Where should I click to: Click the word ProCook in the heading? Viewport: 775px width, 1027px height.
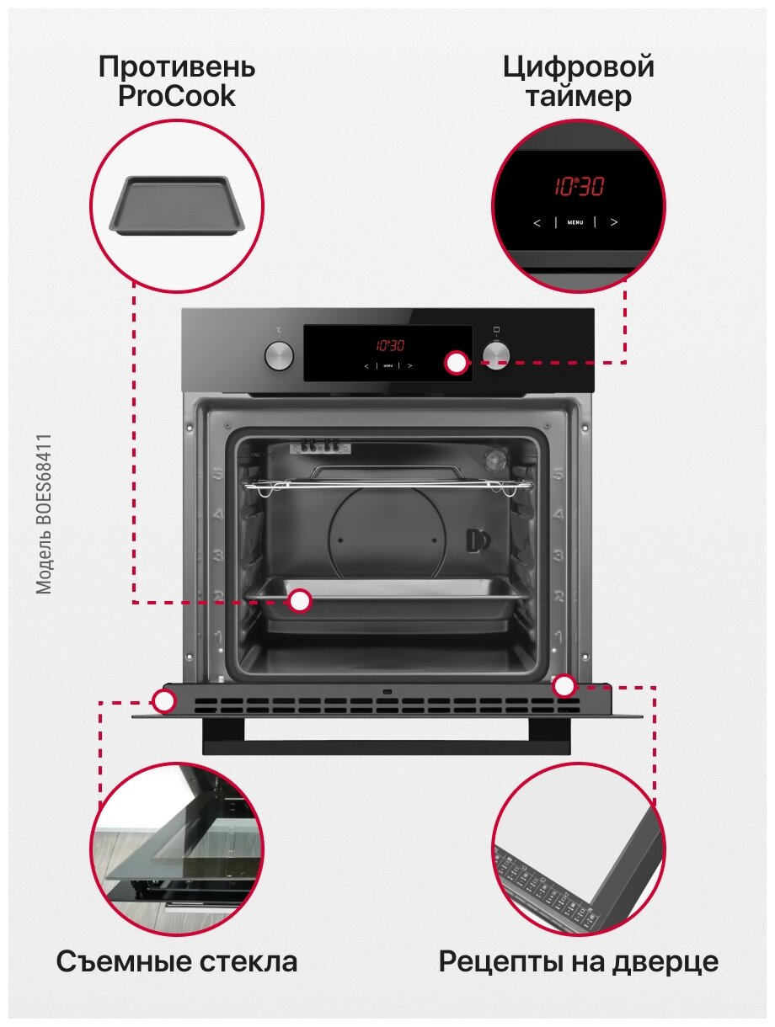[176, 97]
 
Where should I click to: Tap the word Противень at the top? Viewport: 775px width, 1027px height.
[176, 67]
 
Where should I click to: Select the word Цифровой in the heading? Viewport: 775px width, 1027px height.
[578, 67]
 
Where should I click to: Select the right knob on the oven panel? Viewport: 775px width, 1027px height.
[496, 354]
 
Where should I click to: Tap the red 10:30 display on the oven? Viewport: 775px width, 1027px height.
[389, 344]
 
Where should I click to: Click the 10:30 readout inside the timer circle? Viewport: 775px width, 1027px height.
[579, 186]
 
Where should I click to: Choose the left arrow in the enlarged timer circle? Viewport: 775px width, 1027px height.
[537, 222]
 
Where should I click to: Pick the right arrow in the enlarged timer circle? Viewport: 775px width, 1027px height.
[614, 222]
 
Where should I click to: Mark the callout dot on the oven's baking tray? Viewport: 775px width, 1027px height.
[299, 601]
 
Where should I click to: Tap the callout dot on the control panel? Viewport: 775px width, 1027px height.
[457, 363]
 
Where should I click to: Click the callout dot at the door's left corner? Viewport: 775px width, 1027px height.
[164, 700]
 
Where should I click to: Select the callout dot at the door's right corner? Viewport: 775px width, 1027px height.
[564, 686]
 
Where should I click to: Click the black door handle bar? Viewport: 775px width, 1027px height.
[387, 746]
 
